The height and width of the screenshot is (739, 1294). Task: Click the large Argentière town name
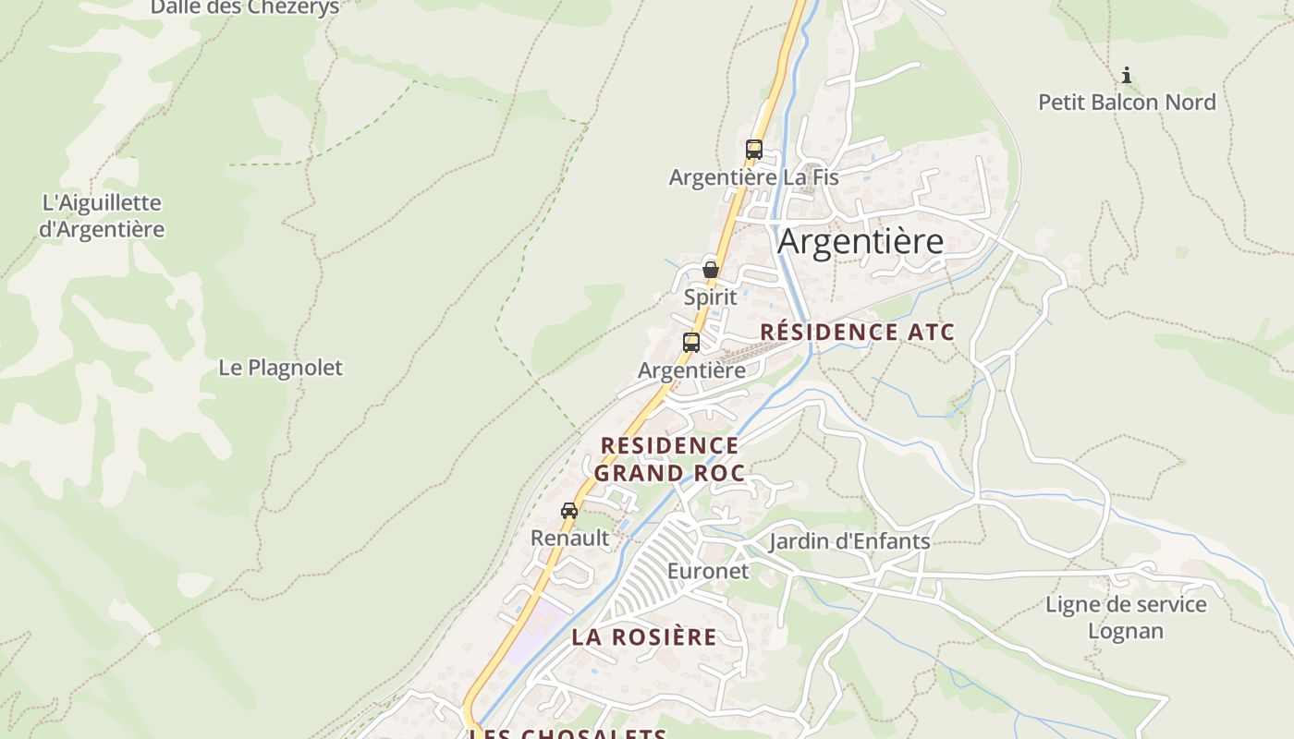[861, 241]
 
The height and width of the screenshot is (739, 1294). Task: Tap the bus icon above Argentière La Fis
[754, 149]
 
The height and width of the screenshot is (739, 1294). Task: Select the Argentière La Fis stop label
[753, 176]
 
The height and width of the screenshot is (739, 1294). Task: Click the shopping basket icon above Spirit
[711, 270]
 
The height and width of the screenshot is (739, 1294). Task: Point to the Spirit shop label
[711, 297]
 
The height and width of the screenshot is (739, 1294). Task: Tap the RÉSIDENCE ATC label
[857, 333]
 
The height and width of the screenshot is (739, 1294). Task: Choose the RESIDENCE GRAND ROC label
[669, 459]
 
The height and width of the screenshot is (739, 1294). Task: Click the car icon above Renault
[569, 511]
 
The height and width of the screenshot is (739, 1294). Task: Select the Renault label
[569, 538]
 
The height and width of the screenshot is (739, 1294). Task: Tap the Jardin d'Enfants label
[848, 541]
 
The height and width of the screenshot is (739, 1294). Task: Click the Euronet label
[708, 571]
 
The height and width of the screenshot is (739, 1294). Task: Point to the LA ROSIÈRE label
[643, 636]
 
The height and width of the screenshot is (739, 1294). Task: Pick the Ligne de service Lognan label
[1126, 617]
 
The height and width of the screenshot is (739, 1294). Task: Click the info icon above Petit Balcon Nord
[1126, 75]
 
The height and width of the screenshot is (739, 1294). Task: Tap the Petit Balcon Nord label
[1127, 102]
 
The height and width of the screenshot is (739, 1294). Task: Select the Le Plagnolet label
[280, 367]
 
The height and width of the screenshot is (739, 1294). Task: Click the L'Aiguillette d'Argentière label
[102, 215]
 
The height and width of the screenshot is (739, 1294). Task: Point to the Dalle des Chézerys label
[245, 7]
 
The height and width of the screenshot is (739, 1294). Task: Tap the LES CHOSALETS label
[568, 733]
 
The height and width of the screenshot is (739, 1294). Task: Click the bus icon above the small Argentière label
[691, 343]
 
